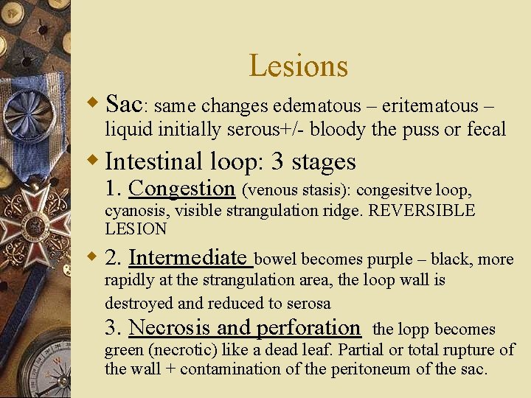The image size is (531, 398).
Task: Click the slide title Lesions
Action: [x=298, y=66]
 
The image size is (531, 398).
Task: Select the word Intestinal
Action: [x=154, y=161]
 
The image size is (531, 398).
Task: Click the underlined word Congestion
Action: [x=181, y=189]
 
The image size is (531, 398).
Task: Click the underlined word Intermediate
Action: [x=187, y=257]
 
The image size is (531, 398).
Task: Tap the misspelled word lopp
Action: [x=416, y=329]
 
